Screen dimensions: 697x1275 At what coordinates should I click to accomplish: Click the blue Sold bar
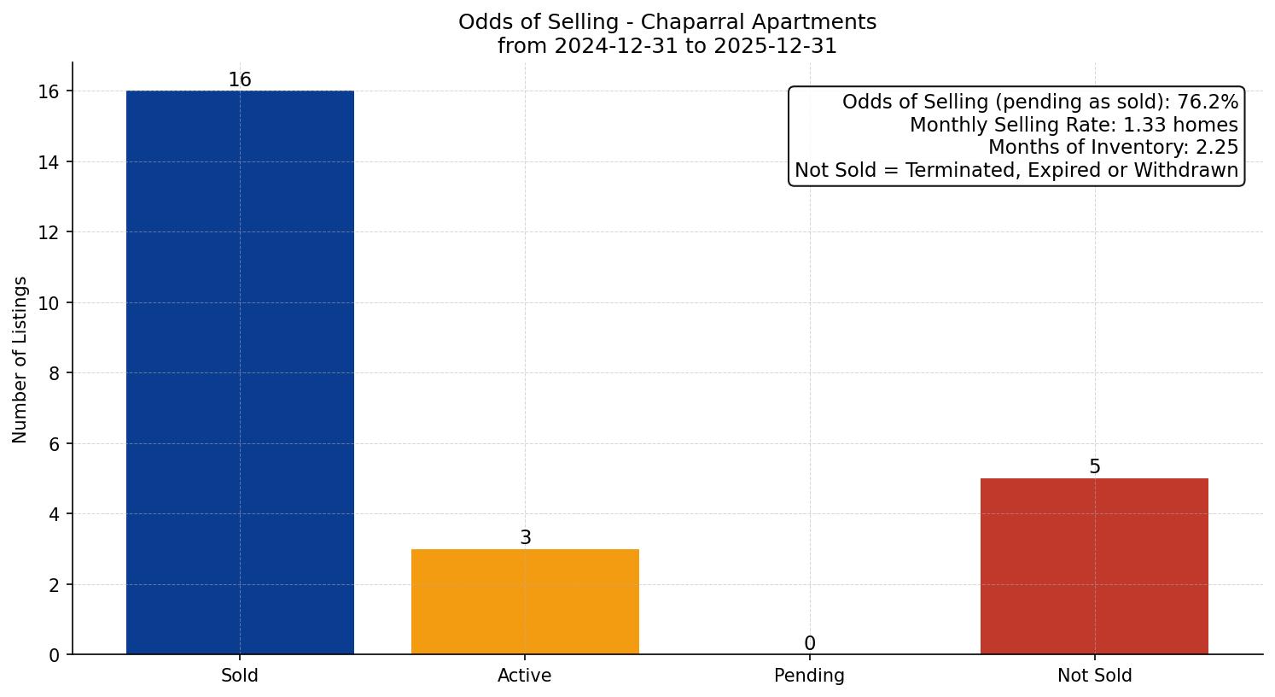coord(240,372)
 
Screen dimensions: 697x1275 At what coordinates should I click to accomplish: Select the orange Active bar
coord(525,601)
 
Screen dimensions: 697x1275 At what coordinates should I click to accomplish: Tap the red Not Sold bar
coord(1094,566)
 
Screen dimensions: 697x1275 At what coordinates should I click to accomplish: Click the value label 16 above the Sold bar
coord(240,80)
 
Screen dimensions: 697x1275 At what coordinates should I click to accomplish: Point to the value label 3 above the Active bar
coord(525,538)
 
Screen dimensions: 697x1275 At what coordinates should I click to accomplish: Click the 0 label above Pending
coord(809,644)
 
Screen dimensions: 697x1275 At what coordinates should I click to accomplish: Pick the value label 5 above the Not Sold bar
coord(1094,467)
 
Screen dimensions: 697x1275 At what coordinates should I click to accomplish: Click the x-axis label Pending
coord(809,676)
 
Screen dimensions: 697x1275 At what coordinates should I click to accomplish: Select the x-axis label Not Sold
coord(1094,676)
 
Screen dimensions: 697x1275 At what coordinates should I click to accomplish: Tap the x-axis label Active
coord(525,676)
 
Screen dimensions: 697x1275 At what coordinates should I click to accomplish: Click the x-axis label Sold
coord(240,676)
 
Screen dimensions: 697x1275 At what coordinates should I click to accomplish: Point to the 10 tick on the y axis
coord(49,303)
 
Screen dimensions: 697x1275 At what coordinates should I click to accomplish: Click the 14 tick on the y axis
coord(49,162)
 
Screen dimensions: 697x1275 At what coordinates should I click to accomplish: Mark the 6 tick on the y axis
coord(55,444)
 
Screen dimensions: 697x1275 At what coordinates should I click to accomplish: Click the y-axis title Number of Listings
coord(20,359)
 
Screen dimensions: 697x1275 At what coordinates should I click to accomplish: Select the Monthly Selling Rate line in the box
coord(1073,126)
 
